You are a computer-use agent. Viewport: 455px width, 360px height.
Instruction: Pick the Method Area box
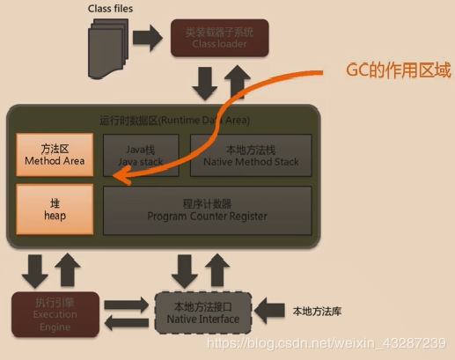[x=55, y=155]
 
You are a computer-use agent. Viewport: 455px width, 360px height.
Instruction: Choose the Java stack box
[x=142, y=155]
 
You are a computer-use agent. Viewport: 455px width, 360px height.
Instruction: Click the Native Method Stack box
[x=251, y=155]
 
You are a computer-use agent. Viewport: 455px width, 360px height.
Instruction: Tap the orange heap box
[x=55, y=209]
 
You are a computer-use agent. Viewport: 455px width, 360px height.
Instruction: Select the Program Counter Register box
[x=208, y=209]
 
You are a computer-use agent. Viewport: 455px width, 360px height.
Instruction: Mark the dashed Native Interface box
[x=203, y=312]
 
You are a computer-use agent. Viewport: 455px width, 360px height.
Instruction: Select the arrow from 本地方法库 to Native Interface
[x=269, y=311]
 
